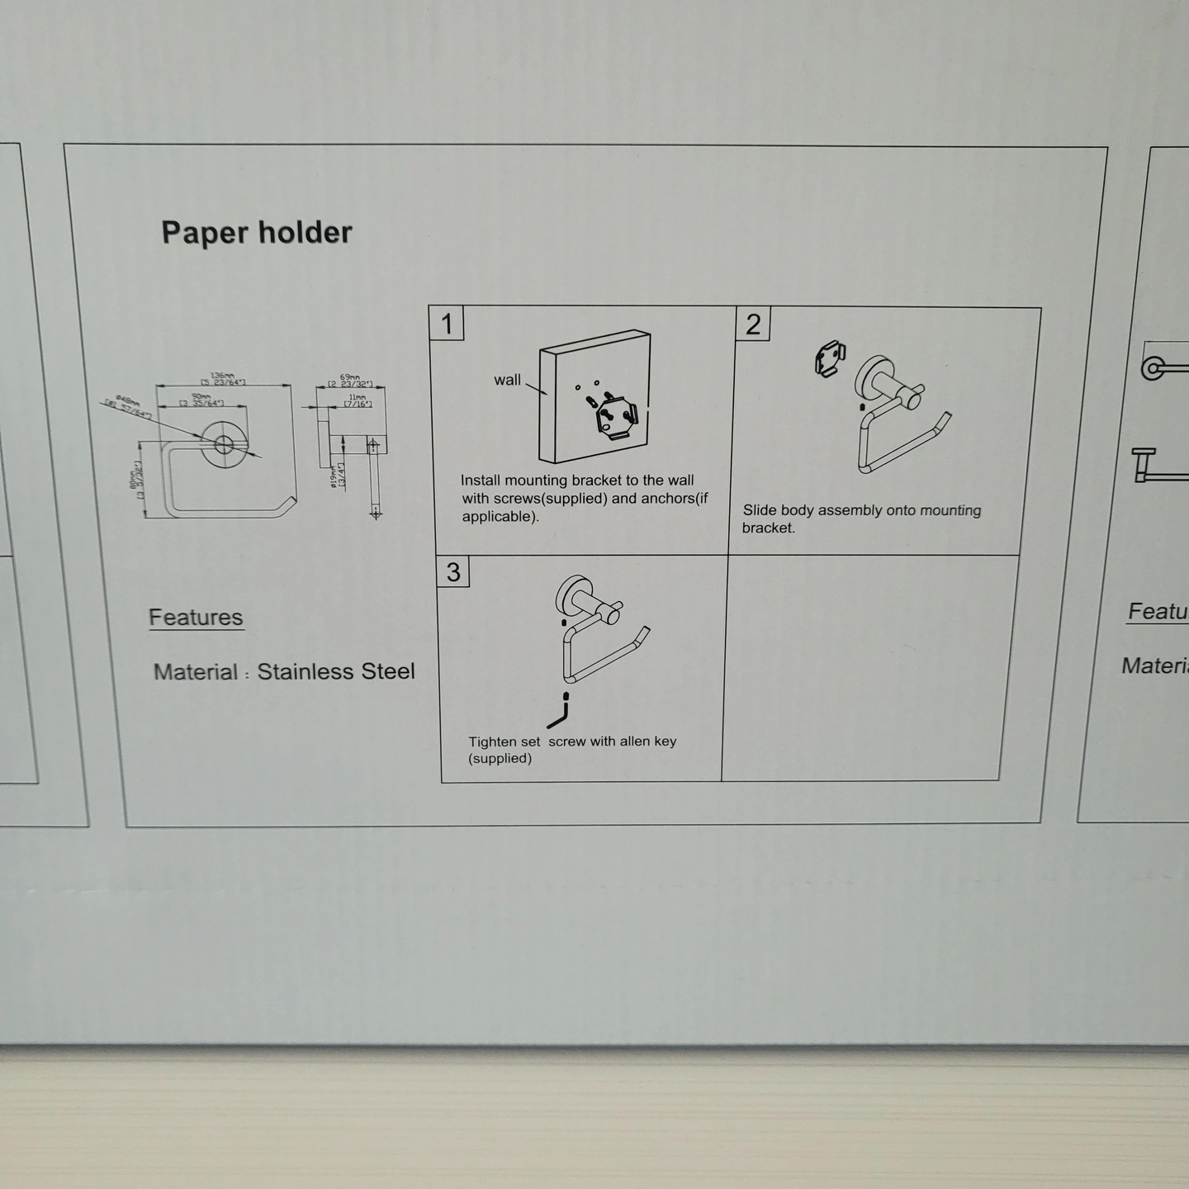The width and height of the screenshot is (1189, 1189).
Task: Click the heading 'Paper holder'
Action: coord(256,232)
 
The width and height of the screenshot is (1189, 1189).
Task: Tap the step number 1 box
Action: coord(447,323)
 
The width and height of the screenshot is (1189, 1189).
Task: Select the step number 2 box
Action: coord(753,324)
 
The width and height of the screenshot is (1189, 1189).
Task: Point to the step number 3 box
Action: coord(453,571)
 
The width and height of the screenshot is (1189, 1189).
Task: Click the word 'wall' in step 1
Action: coord(507,380)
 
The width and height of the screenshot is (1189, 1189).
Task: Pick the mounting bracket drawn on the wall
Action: coord(617,419)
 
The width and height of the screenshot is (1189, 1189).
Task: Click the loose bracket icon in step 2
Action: coord(830,358)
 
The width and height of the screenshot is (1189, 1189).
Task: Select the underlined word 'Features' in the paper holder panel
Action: coord(196,617)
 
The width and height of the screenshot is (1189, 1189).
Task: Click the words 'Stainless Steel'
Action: coord(336,671)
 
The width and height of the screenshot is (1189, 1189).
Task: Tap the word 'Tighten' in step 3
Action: coord(494,741)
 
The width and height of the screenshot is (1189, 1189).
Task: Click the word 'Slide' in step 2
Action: coord(760,510)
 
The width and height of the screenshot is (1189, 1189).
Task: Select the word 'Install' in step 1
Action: coord(480,480)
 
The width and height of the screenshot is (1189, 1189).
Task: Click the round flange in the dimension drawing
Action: coord(223,444)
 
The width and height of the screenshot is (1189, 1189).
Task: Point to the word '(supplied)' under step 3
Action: coord(500,758)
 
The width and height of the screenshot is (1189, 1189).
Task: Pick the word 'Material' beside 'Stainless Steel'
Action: coord(196,672)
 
